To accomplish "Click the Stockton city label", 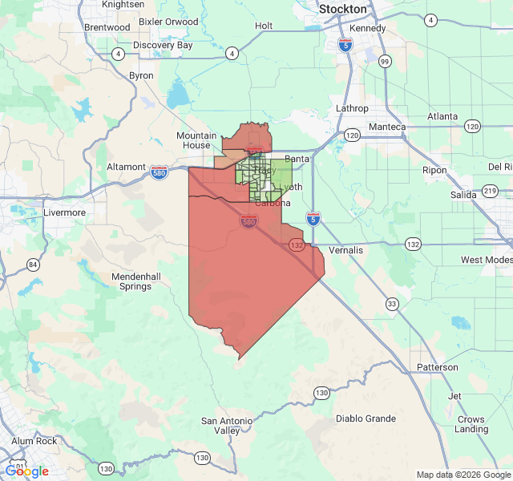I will tap(342, 9).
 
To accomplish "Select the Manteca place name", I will tap(386, 127).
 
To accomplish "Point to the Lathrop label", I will tap(352, 108).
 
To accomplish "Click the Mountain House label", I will tap(196, 140).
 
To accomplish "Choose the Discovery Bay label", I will tap(163, 46).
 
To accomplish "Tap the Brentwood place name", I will tap(107, 27).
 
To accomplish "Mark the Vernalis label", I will tap(345, 250).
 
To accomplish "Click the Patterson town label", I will tap(438, 367).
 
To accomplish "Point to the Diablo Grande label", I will tap(366, 418).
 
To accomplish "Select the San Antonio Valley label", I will tap(226, 426).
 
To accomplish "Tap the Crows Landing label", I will tap(471, 424).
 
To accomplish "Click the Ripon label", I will tap(435, 170).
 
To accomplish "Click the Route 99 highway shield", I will tap(386, 61).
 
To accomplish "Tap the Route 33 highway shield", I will tap(392, 303).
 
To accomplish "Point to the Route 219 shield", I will tap(490, 192).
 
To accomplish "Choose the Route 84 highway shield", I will tap(33, 264).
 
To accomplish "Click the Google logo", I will tap(26, 471).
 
